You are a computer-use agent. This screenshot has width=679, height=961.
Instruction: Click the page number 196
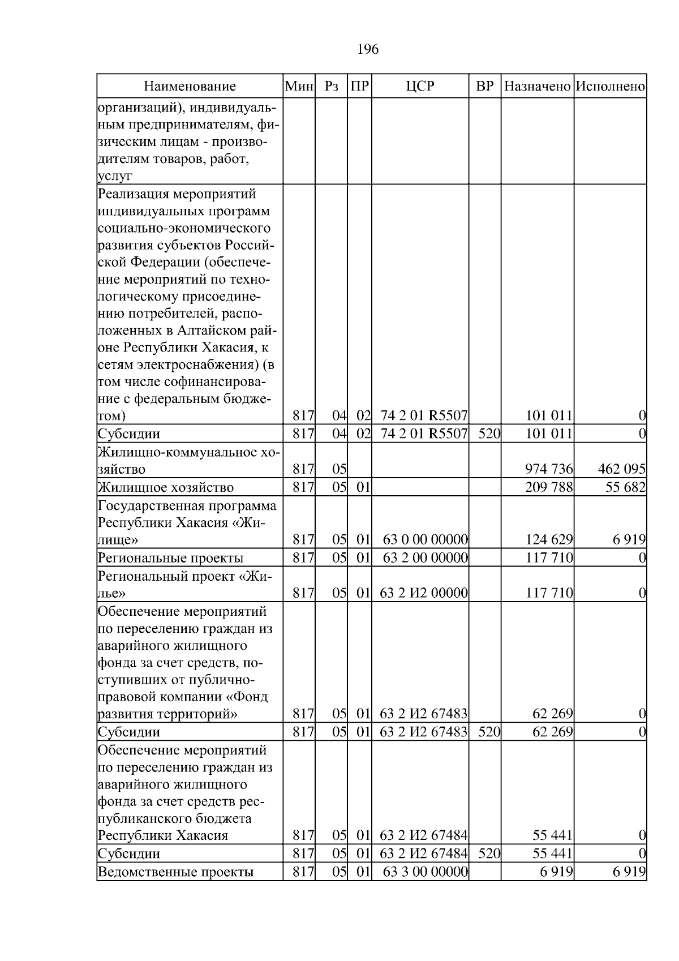click(368, 50)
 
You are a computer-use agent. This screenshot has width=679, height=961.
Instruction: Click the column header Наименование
click(190, 87)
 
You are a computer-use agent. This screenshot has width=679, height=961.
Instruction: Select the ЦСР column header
click(420, 87)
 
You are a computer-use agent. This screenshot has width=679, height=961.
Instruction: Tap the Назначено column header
click(537, 87)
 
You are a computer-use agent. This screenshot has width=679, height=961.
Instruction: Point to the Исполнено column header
click(610, 87)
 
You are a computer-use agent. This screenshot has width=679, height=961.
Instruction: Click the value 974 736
click(549, 469)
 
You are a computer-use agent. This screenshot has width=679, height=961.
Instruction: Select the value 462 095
click(621, 469)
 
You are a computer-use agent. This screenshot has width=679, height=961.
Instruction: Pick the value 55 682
click(625, 487)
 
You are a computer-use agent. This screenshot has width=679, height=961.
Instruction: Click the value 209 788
click(549, 487)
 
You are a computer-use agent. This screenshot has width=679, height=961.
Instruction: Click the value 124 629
click(549, 539)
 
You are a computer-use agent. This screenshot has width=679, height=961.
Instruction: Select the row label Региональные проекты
click(170, 558)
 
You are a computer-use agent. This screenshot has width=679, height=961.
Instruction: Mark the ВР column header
click(485, 87)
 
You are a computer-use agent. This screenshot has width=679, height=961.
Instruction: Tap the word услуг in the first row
click(115, 176)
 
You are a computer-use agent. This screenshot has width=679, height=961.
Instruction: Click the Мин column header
click(299, 87)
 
